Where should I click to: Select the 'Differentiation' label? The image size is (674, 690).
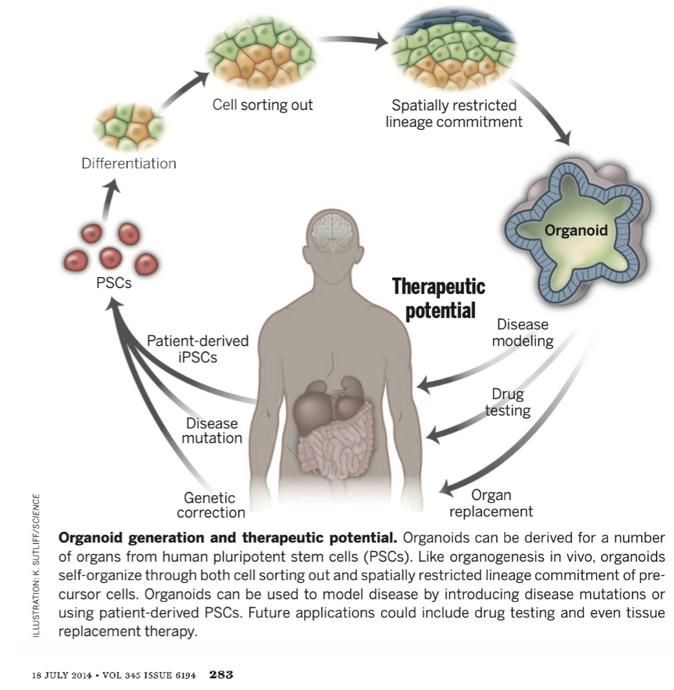click(x=128, y=163)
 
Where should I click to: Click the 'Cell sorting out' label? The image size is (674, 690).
click(x=263, y=104)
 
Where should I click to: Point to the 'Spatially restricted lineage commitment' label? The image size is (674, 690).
click(x=454, y=113)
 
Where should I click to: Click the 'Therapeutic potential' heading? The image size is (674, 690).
click(x=439, y=298)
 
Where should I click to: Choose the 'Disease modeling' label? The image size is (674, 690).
click(x=523, y=333)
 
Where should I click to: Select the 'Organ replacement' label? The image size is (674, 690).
click(x=492, y=504)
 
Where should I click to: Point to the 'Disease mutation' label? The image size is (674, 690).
click(x=212, y=431)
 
